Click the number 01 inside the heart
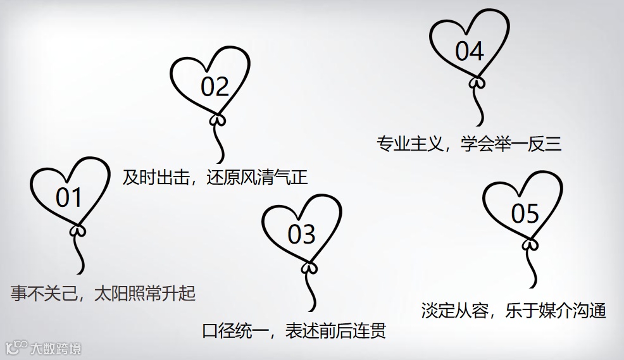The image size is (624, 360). (x=69, y=198)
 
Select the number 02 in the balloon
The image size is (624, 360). (x=215, y=87)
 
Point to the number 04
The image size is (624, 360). (x=469, y=51)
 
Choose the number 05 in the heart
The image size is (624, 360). (x=525, y=214)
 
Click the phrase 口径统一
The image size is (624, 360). (x=233, y=331)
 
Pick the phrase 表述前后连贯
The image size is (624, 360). (x=336, y=331)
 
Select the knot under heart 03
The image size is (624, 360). (x=309, y=268)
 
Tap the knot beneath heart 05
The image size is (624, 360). (x=530, y=244)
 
